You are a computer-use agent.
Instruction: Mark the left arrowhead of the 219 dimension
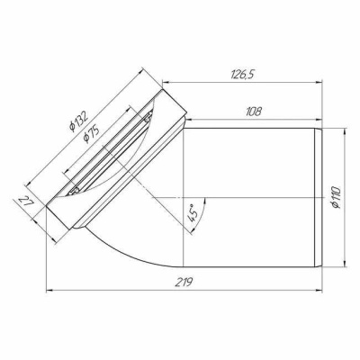(x=49, y=290)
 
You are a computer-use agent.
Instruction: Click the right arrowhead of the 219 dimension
(x=318, y=290)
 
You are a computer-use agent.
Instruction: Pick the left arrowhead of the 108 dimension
(x=188, y=122)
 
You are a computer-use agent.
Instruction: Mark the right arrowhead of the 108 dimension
(x=319, y=122)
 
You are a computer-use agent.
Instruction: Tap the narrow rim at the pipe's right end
(x=319, y=197)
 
